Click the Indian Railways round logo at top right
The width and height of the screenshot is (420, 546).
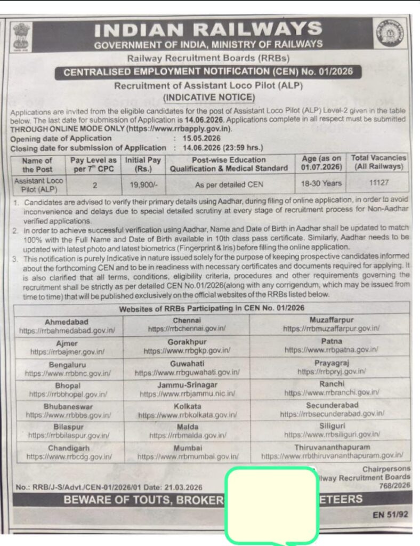click(389, 35)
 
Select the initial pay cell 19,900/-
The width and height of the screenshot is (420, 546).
click(143, 184)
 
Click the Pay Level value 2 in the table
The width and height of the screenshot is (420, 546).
click(93, 184)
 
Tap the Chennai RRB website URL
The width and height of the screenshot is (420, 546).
click(187, 329)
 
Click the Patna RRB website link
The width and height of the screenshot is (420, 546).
click(331, 350)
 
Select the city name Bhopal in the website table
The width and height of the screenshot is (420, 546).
click(68, 386)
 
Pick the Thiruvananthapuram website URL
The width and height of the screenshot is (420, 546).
click(332, 456)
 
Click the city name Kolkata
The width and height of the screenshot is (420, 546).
click(186, 406)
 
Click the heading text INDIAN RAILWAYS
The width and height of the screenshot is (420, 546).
click(208, 29)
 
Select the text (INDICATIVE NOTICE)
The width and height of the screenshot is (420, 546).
click(209, 97)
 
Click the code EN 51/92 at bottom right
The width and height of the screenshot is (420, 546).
click(391, 515)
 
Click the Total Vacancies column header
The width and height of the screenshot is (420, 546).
click(378, 162)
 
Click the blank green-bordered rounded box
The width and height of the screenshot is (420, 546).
click(271, 504)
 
